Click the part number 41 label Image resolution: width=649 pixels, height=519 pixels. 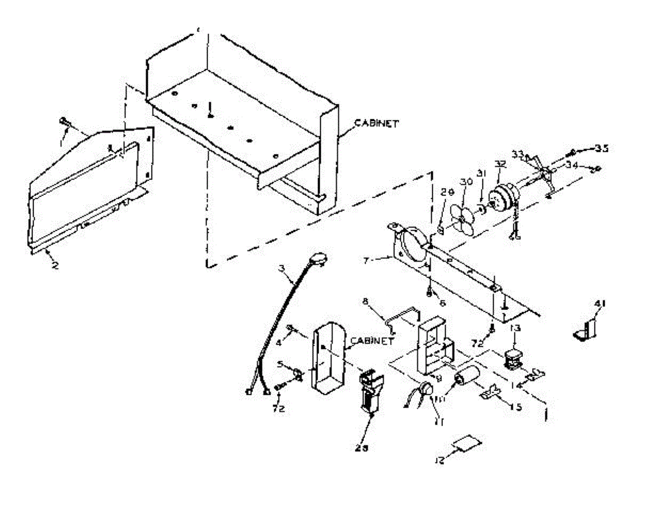(x=600, y=304)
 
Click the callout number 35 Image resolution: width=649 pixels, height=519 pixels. (x=601, y=148)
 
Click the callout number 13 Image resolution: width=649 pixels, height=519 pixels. (x=514, y=328)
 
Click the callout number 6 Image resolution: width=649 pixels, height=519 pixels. (x=442, y=303)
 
